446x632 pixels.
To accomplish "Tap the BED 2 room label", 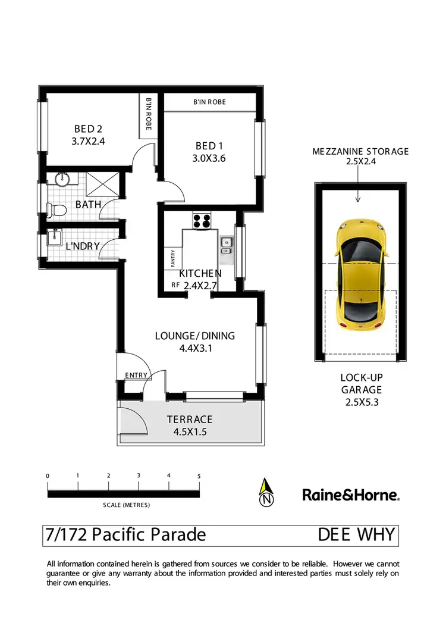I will [89, 129].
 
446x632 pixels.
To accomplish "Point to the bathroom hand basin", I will [62, 179].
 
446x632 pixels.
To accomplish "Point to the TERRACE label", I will [189, 420].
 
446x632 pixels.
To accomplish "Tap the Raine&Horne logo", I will [351, 494].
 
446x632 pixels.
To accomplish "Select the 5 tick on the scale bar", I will [199, 476].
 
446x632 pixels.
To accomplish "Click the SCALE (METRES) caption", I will [127, 505].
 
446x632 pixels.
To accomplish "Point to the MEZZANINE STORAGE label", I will [360, 151].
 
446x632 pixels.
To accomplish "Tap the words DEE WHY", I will [356, 534].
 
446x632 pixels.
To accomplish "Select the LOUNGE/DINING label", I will [195, 336].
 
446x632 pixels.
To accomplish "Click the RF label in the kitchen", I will [175, 285].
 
